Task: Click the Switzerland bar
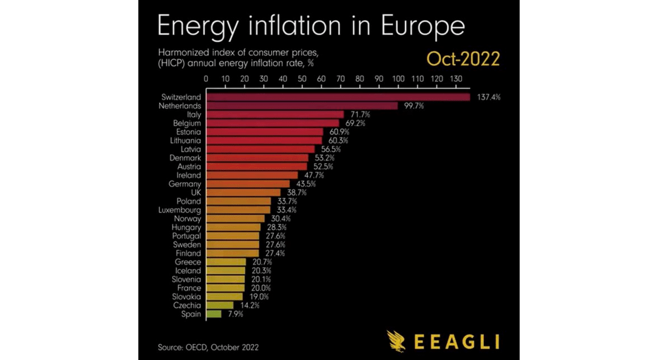tap(337, 97)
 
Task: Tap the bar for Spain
tap(214, 314)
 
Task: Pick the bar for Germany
tap(248, 184)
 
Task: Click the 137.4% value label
tap(487, 97)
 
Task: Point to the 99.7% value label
tap(413, 106)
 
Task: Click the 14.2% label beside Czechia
tap(249, 305)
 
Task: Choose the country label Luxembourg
tap(180, 210)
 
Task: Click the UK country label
tap(195, 193)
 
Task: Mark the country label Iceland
tap(188, 271)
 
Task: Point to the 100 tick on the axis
tap(398, 78)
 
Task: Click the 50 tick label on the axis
tap(302, 78)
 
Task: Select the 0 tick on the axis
tap(206, 78)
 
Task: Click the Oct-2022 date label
tap(463, 59)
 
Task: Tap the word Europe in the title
tap(421, 25)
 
